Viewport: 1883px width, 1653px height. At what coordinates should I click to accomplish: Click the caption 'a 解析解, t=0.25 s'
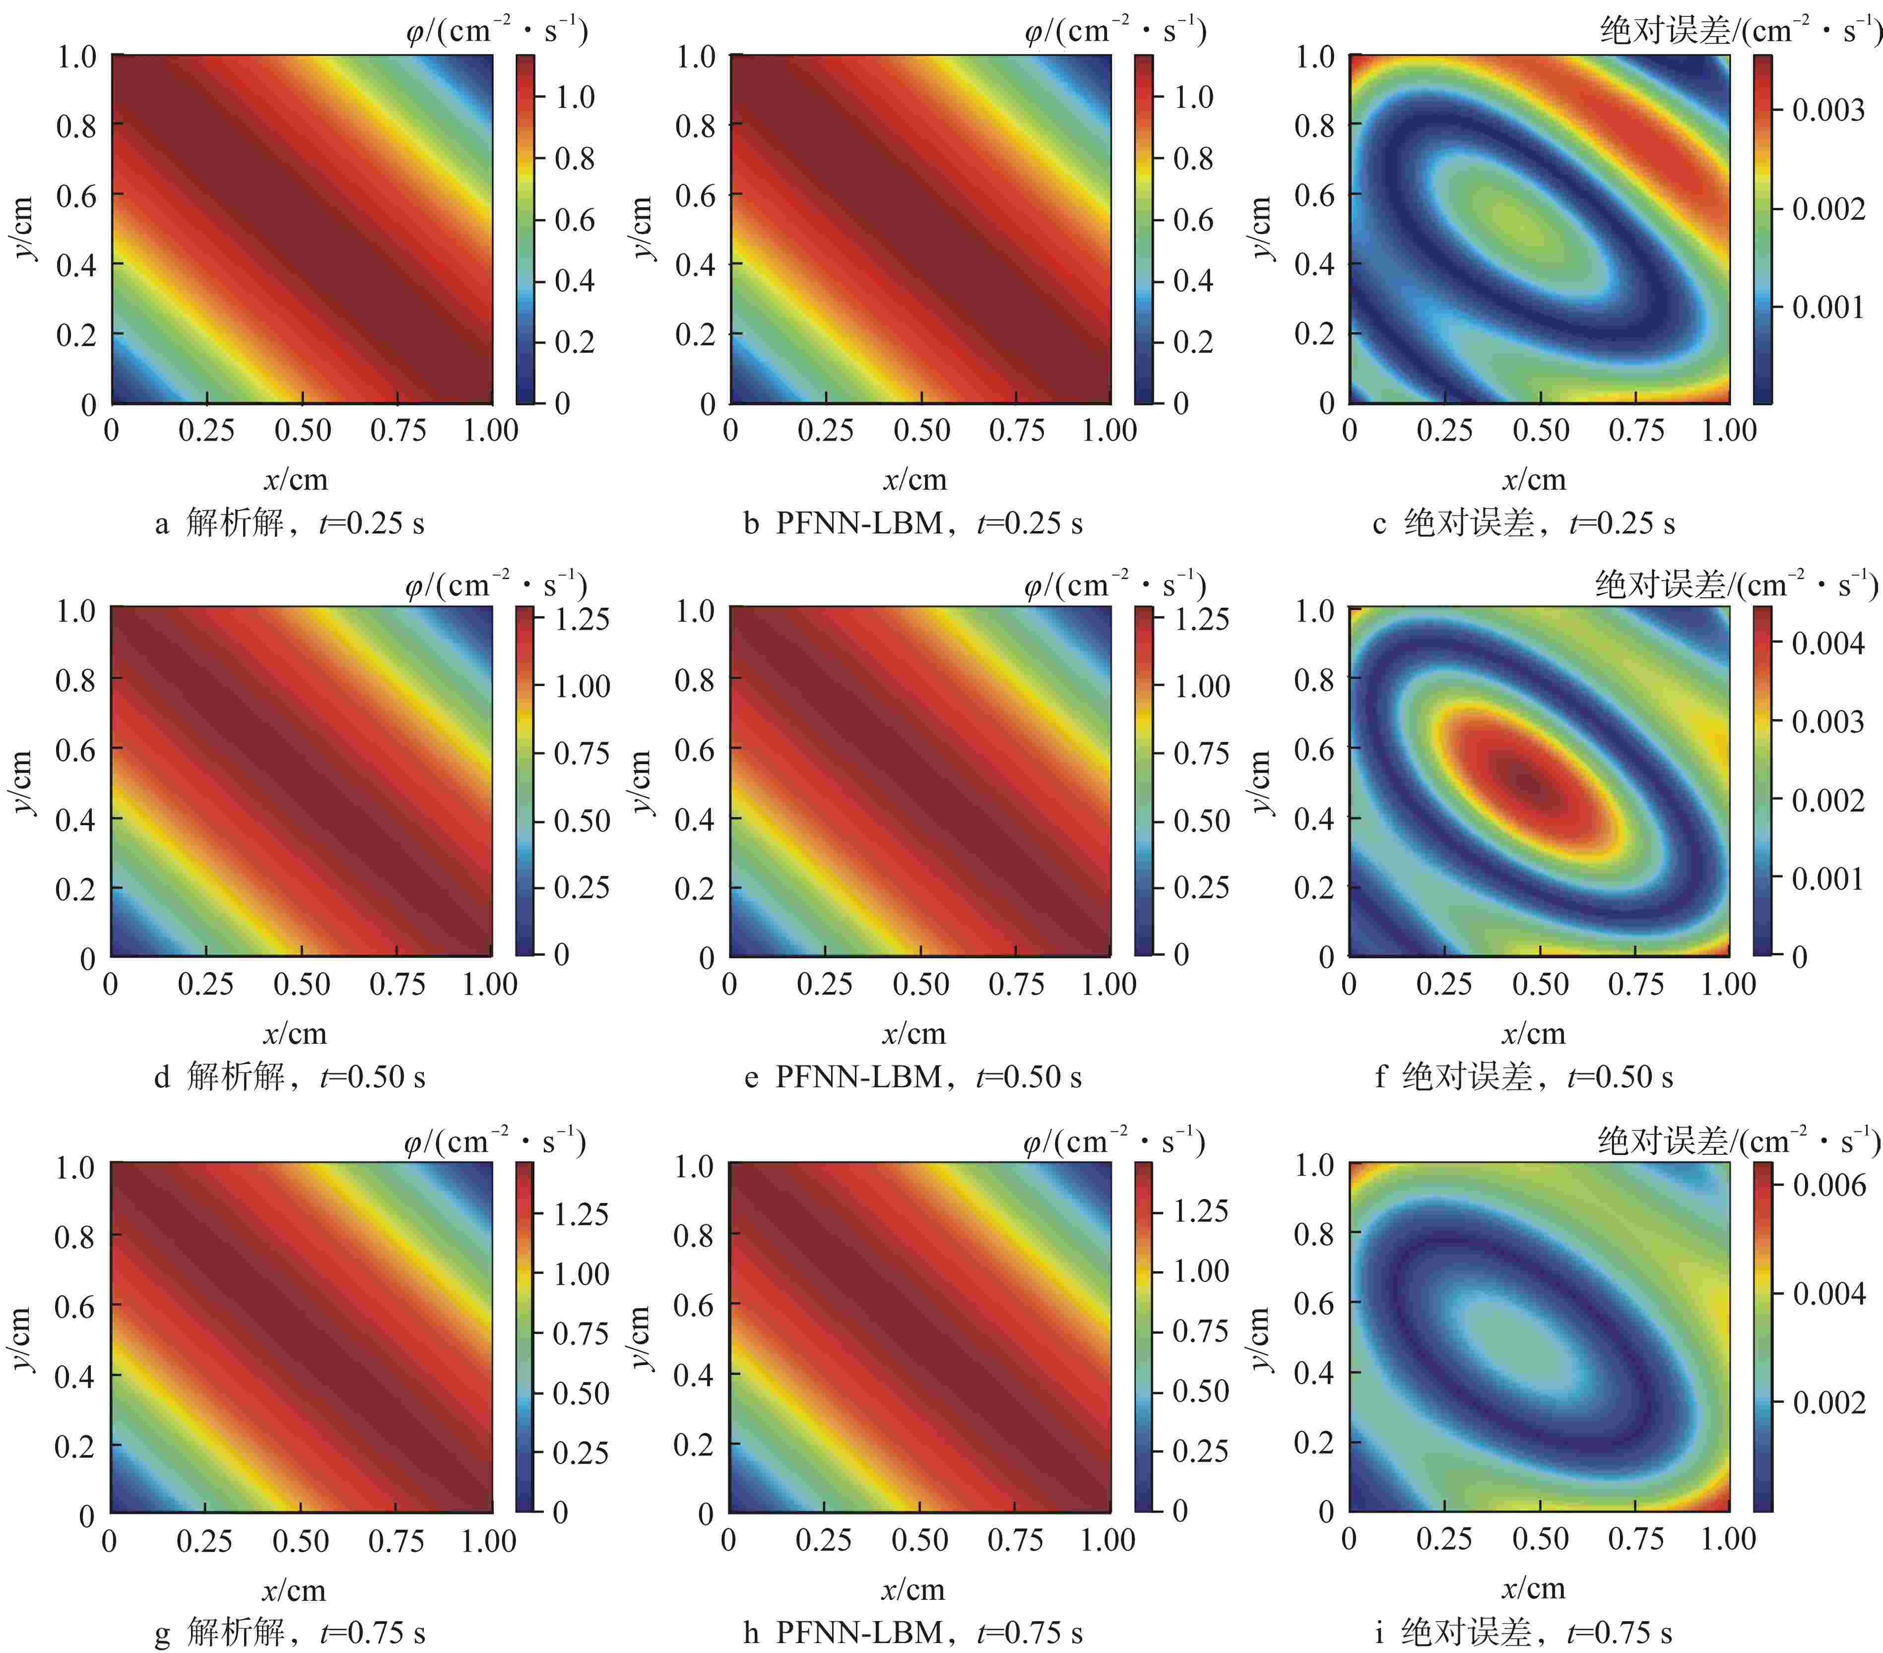point(289,524)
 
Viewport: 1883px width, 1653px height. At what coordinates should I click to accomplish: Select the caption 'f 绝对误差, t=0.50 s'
point(1524,1076)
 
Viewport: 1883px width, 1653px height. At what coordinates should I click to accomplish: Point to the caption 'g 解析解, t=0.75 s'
point(289,1632)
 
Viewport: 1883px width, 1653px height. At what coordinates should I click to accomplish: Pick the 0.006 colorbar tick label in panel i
point(1828,1185)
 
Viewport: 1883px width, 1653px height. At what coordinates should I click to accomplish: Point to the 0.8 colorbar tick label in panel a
point(574,158)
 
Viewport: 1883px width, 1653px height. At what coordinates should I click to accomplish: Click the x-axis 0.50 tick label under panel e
point(920,984)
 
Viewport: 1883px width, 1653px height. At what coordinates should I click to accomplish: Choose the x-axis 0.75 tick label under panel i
point(1635,1538)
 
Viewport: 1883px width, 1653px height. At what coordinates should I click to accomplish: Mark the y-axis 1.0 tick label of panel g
point(75,1167)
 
